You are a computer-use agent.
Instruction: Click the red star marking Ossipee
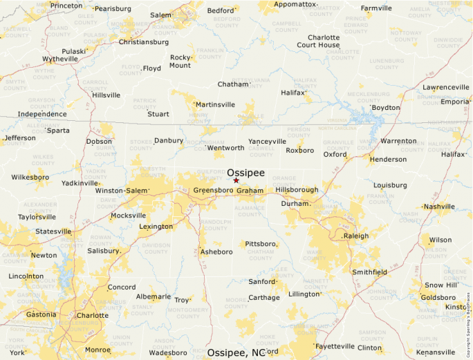[x=236, y=180]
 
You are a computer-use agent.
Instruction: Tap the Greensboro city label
[x=214, y=190]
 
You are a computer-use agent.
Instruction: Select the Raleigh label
[x=357, y=236]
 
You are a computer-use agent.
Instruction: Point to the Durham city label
[x=294, y=204]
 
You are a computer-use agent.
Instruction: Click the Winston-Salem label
[x=122, y=190]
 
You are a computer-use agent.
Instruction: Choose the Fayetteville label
[x=335, y=346]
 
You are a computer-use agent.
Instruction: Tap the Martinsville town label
[x=215, y=105]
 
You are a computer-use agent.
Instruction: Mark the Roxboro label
[x=299, y=150]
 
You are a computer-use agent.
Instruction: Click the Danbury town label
[x=168, y=140]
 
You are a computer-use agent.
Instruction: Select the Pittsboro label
[x=261, y=244]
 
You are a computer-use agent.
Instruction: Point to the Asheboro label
[x=216, y=252]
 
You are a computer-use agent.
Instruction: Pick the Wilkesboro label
[x=30, y=178]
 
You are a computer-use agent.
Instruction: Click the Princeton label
[x=66, y=6]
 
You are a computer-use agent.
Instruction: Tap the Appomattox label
[x=295, y=4]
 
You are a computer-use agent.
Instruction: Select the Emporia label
[x=455, y=102]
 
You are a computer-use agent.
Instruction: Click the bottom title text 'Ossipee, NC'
[x=236, y=353]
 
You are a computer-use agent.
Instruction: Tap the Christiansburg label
[x=144, y=42]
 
